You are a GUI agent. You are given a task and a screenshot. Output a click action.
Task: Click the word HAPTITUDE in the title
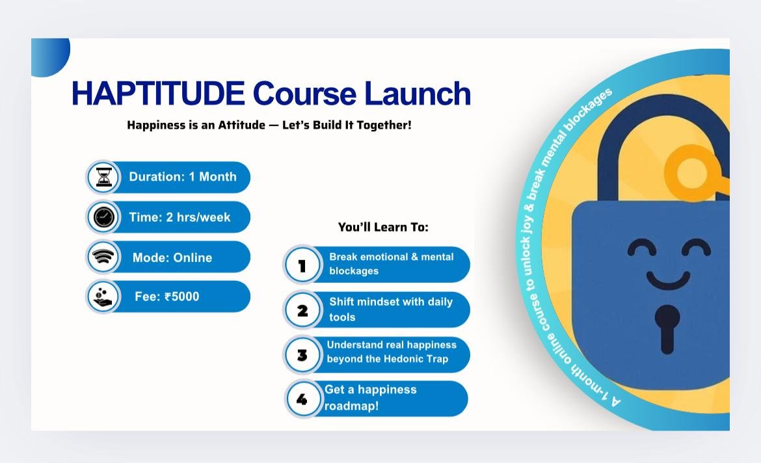pos(158,93)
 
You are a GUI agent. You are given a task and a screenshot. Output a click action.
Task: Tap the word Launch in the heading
pos(418,93)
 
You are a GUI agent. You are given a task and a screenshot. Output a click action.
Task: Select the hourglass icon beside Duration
pos(103,177)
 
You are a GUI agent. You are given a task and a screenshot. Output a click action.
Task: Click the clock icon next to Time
pos(103,217)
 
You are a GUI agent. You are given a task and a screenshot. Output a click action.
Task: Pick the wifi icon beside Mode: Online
pos(103,257)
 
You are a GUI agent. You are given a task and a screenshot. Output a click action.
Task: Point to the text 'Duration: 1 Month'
pos(183,177)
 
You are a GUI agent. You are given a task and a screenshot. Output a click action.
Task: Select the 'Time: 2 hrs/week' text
pos(180,217)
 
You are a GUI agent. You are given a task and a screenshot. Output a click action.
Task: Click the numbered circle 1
pos(302,265)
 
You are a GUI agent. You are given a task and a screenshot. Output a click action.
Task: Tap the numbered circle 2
pos(302,310)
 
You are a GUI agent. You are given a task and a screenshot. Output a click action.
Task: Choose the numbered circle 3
pos(302,355)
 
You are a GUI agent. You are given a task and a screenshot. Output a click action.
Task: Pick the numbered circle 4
pos(302,399)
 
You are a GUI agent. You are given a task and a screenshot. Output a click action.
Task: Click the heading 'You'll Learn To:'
pos(383,227)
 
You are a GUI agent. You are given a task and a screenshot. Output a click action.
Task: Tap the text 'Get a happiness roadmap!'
pos(370,397)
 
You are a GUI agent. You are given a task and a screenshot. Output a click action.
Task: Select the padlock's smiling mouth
pos(668,280)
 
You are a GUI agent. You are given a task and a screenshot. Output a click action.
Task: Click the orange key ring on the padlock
pos(691,173)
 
